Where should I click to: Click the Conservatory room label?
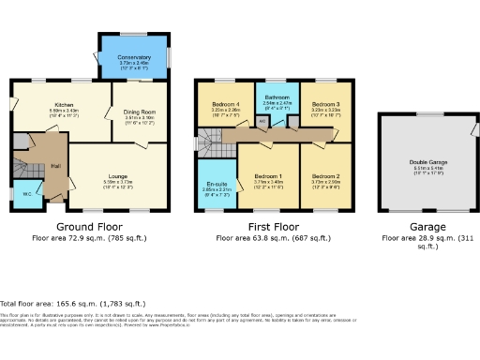pyautogui.click(x=134, y=57)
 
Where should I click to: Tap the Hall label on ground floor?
pyautogui.click(x=55, y=166)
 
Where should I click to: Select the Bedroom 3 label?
pyautogui.click(x=324, y=103)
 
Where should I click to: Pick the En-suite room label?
pyautogui.click(x=216, y=184)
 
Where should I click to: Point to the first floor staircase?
pyautogui.click(x=210, y=142)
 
